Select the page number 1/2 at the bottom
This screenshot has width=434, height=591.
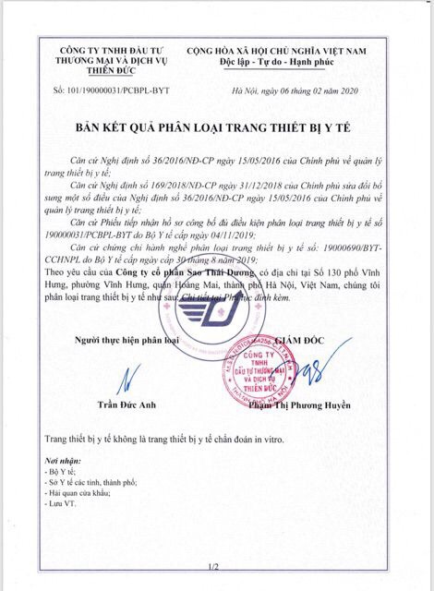tap(214, 565)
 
